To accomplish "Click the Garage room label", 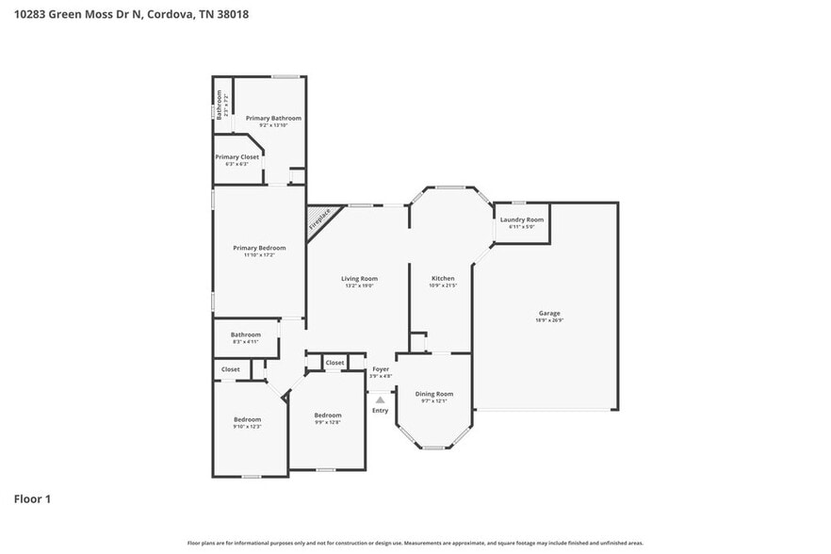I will pos(549,313).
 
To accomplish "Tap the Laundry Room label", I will pos(521,220).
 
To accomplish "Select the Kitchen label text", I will pos(443,279).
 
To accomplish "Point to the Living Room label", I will pos(359,279).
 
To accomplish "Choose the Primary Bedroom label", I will pos(259,248).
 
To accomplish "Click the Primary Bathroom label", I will pos(273,118).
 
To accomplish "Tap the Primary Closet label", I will pos(236,157).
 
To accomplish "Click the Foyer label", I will pos(381,369).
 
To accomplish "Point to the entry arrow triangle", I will pos(381,399).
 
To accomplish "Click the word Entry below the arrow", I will pos(381,411).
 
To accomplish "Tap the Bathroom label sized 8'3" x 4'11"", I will pos(246,334).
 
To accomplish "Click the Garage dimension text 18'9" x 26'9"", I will pos(549,320).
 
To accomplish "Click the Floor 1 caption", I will pos(32,498).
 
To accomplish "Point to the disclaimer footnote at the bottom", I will pos(415,544).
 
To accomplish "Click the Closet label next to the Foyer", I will pos(334,363).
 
